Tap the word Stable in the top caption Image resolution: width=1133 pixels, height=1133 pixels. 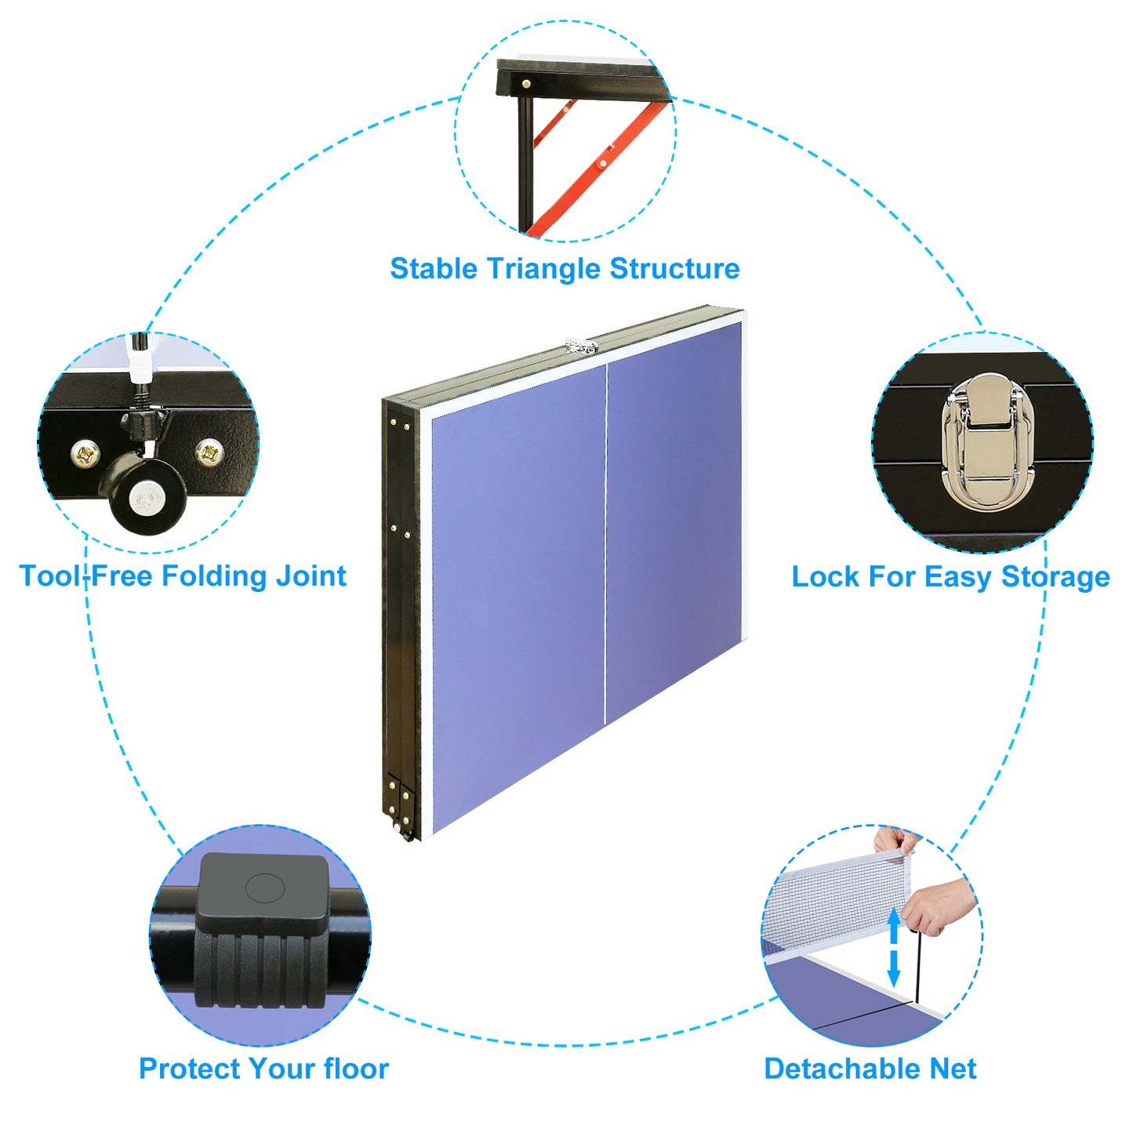pos(433,269)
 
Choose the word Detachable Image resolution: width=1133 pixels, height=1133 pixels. pos(841,1069)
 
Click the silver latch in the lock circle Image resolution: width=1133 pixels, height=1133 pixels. pos(987,443)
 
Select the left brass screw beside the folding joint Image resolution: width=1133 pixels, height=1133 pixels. pos(85,452)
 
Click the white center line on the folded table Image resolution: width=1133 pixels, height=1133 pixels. pos(606,541)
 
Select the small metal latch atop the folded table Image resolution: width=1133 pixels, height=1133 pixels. pos(581,346)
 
